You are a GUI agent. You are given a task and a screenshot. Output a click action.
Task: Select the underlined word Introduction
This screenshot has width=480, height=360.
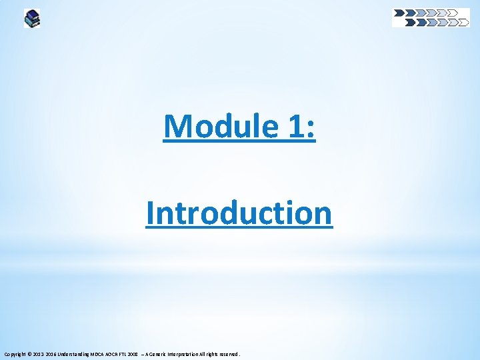click(x=239, y=213)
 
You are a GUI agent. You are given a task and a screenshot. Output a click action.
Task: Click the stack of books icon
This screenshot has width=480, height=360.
click(x=32, y=18)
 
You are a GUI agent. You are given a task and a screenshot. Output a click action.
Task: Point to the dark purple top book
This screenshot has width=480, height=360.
click(x=31, y=13)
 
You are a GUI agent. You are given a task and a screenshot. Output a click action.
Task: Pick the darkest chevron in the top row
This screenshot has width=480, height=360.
click(x=399, y=12)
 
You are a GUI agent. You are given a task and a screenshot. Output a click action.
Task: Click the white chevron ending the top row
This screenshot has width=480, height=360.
click(x=453, y=12)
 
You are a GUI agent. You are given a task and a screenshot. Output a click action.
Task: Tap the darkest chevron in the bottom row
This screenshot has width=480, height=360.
click(x=410, y=22)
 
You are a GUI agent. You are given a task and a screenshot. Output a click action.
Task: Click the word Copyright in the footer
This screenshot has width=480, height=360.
click(x=14, y=354)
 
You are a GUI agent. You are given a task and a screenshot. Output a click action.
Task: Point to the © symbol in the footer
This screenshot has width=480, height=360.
click(x=29, y=354)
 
